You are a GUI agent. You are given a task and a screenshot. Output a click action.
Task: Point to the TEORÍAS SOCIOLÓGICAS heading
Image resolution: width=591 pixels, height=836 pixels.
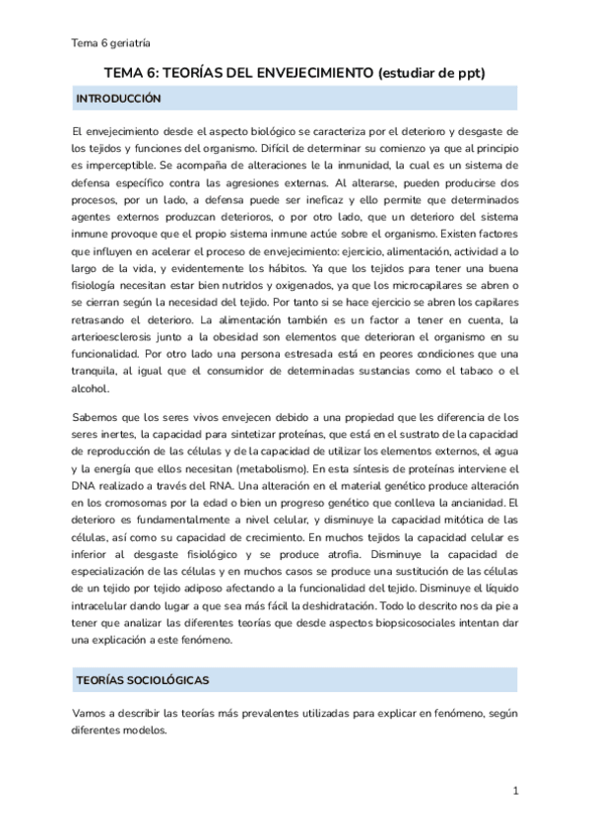142,680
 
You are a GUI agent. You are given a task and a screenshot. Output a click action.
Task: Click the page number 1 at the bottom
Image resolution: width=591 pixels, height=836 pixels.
515,791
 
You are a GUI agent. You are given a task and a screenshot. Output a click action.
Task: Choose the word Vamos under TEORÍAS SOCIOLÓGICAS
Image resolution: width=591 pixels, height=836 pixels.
92,713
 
